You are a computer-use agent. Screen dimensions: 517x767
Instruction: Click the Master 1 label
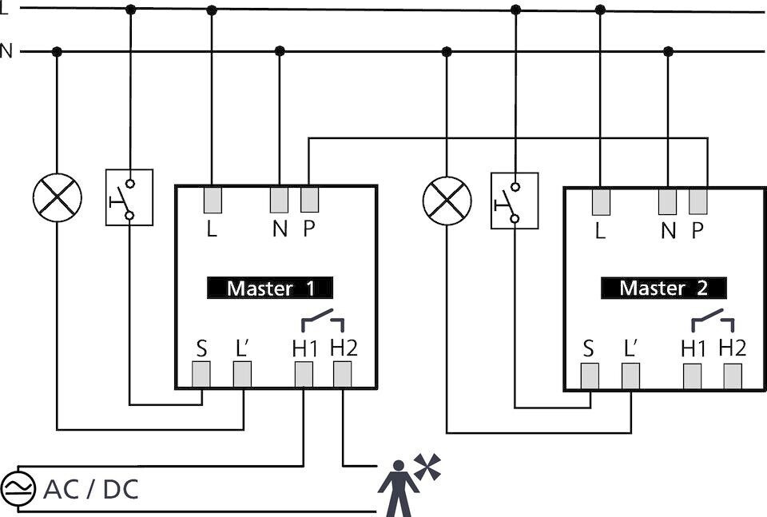coord(270,288)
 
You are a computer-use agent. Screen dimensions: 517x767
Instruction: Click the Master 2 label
coord(663,288)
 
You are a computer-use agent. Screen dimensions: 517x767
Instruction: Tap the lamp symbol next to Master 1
coord(57,197)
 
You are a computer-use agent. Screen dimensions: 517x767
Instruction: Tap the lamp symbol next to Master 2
coord(447,200)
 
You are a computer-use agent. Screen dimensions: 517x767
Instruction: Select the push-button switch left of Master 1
coord(129,197)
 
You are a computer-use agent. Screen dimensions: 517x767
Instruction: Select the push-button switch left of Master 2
coord(515,201)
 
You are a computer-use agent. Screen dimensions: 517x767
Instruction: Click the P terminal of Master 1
coord(309,200)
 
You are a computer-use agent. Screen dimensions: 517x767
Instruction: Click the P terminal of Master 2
coord(698,201)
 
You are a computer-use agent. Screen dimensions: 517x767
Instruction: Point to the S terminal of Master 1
coord(201,374)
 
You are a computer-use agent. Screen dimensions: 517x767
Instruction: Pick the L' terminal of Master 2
coord(630,376)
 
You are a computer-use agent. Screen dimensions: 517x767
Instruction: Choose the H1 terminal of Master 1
coord(304,374)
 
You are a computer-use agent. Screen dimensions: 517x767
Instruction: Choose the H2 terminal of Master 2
coord(732,376)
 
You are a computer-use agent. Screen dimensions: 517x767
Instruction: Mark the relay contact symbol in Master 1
coord(323,322)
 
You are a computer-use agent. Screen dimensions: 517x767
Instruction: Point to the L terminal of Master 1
coord(212,200)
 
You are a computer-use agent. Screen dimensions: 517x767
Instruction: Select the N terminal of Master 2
coord(668,201)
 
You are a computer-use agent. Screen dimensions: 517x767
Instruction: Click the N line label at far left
coord(6,52)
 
